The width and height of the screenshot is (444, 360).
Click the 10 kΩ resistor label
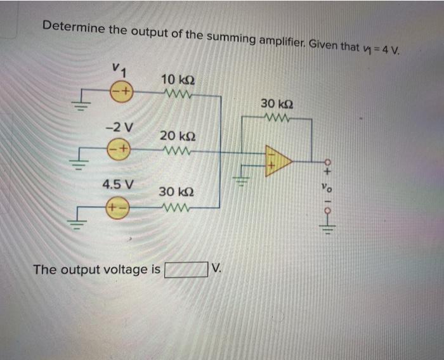click(178, 80)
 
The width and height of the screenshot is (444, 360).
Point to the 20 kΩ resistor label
click(178, 136)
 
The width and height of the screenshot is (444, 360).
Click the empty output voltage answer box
click(186, 270)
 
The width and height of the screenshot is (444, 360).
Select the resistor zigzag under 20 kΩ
click(175, 151)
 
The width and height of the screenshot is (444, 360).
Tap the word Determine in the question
click(72, 27)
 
